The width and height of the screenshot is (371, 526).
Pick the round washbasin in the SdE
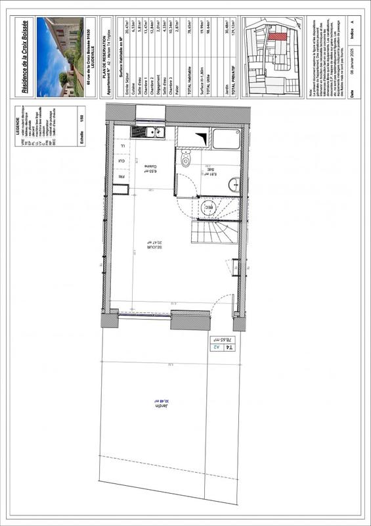pyautogui.click(x=234, y=185)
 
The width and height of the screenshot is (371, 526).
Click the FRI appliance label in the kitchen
pyautogui.click(x=121, y=177)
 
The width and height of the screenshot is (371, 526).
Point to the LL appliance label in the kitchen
pyautogui.click(x=121, y=145)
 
